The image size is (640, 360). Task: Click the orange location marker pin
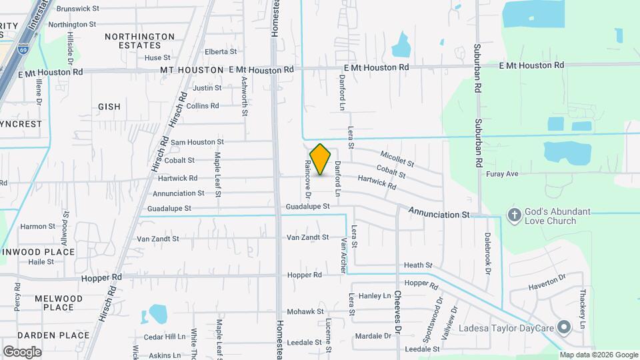(x=321, y=159)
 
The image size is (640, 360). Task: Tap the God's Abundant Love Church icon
(x=513, y=215)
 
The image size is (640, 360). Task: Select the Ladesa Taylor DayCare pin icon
(x=564, y=327)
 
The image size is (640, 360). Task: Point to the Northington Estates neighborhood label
(x=139, y=41)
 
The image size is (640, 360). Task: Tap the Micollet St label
(x=397, y=159)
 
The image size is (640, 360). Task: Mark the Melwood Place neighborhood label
(x=59, y=303)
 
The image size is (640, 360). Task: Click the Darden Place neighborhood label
(x=53, y=335)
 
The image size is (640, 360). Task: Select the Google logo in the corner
(x=22, y=351)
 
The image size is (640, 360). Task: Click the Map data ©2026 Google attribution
(x=598, y=355)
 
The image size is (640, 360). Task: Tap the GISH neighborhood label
(x=109, y=107)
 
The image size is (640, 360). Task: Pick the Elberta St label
(x=221, y=51)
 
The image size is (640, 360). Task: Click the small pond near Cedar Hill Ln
(x=158, y=313)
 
